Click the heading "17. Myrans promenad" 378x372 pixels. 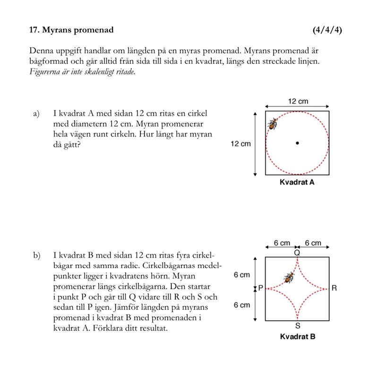pyautogui.click(x=71, y=30)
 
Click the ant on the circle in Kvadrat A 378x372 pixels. pyautogui.click(x=273, y=124)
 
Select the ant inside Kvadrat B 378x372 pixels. pyautogui.click(x=288, y=277)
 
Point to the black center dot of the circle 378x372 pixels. pyautogui.click(x=297, y=143)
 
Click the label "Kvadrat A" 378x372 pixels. pyautogui.click(x=297, y=182)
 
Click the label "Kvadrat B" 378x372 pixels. pyautogui.click(x=297, y=337)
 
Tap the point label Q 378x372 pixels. pyautogui.click(x=297, y=252)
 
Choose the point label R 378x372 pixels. pyautogui.click(x=334, y=287)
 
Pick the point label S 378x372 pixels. pyautogui.click(x=297, y=326)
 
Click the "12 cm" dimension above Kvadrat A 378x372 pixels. pyautogui.click(x=298, y=101)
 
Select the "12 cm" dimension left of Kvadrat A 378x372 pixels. pyautogui.click(x=241, y=143)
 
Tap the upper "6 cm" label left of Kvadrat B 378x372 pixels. pyautogui.click(x=242, y=275)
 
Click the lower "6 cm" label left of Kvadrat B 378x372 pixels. pyautogui.click(x=242, y=305)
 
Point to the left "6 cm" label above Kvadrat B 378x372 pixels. pyautogui.click(x=282, y=243)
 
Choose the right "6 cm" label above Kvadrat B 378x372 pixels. pyautogui.click(x=313, y=243)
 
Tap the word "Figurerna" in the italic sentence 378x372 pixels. pyautogui.click(x=45, y=72)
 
